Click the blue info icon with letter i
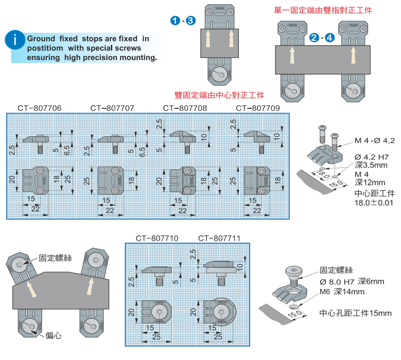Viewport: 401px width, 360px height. (16, 40)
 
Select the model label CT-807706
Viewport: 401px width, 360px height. (40, 108)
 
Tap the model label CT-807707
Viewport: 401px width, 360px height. (112, 108)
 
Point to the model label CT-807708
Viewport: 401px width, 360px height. (185, 108)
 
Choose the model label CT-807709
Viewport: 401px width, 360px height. (258, 108)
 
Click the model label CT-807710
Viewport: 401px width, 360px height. (157, 239)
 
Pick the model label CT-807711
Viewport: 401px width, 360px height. (219, 239)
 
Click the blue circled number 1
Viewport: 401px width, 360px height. (175, 20)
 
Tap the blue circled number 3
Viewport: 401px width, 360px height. (190, 20)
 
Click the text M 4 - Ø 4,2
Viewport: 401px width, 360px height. (374, 140)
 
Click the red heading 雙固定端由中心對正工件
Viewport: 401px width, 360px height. (219, 95)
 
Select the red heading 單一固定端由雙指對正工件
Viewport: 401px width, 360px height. (326, 10)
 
